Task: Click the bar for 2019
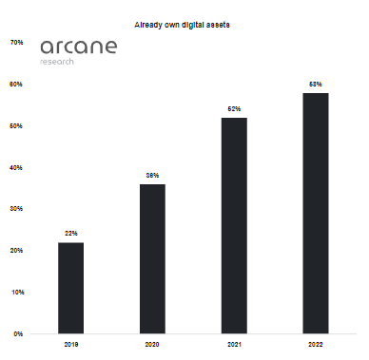pos(70,288)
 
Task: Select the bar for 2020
pos(152,258)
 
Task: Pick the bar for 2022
pos(316,213)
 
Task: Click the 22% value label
pos(70,234)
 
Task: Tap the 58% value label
pos(316,85)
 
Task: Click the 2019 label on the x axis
pos(70,344)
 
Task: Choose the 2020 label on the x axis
pos(152,344)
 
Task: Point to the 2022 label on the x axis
pos(316,344)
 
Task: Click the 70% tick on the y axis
pos(16,43)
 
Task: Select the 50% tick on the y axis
pos(16,125)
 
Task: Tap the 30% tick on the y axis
pos(16,209)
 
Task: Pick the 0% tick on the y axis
pos(18,333)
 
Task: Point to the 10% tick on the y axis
pos(16,292)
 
